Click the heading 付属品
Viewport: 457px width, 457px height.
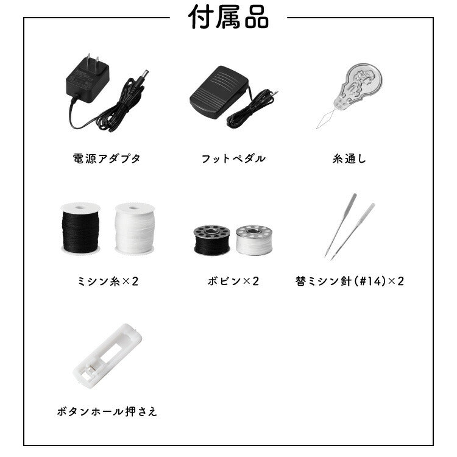pos(228,18)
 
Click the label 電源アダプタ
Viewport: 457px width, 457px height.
pos(107,158)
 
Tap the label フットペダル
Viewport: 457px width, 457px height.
pos(233,158)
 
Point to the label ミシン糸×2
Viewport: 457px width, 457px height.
pos(107,281)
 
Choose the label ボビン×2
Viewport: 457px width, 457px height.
pos(233,281)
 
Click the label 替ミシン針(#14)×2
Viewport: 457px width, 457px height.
pos(350,281)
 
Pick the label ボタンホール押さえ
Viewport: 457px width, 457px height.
pos(107,411)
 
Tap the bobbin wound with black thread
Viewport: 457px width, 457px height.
pos(212,240)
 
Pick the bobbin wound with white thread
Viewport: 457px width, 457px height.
pos(254,240)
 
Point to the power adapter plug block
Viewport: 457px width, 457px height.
pos(87,79)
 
